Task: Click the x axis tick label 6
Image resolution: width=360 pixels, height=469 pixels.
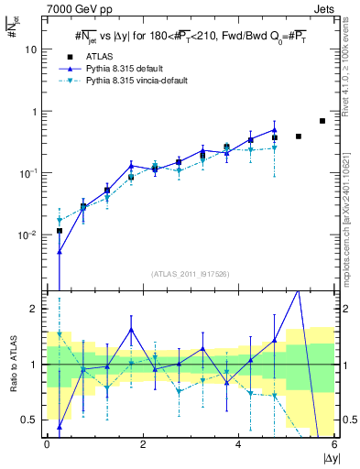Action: pos(334,444)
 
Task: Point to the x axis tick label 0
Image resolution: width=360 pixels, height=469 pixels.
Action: pos(47,444)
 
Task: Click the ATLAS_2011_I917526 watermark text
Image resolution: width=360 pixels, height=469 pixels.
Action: pos(191,274)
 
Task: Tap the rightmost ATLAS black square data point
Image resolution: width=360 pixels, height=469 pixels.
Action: pos(322,121)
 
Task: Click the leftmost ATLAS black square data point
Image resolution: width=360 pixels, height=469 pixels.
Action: pos(60,231)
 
